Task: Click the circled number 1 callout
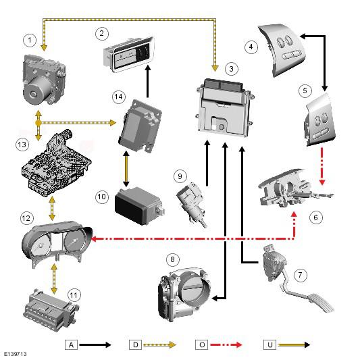tap(30, 41)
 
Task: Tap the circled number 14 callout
tap(119, 97)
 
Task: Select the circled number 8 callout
tap(172, 259)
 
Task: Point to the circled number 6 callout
tap(315, 217)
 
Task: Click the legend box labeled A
tap(71, 344)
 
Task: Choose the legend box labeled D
tap(136, 344)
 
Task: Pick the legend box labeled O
tap(202, 344)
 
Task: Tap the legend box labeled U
tap(269, 344)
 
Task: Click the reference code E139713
tap(15, 354)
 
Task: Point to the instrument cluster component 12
tap(57, 244)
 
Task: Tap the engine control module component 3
tap(225, 108)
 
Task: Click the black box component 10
tap(140, 205)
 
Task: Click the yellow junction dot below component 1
tap(38, 123)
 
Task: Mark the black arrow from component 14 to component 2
tap(148, 81)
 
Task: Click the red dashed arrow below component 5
tap(322, 166)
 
